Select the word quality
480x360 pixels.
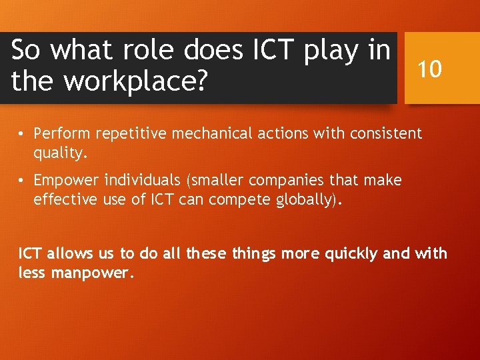click(x=60, y=153)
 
